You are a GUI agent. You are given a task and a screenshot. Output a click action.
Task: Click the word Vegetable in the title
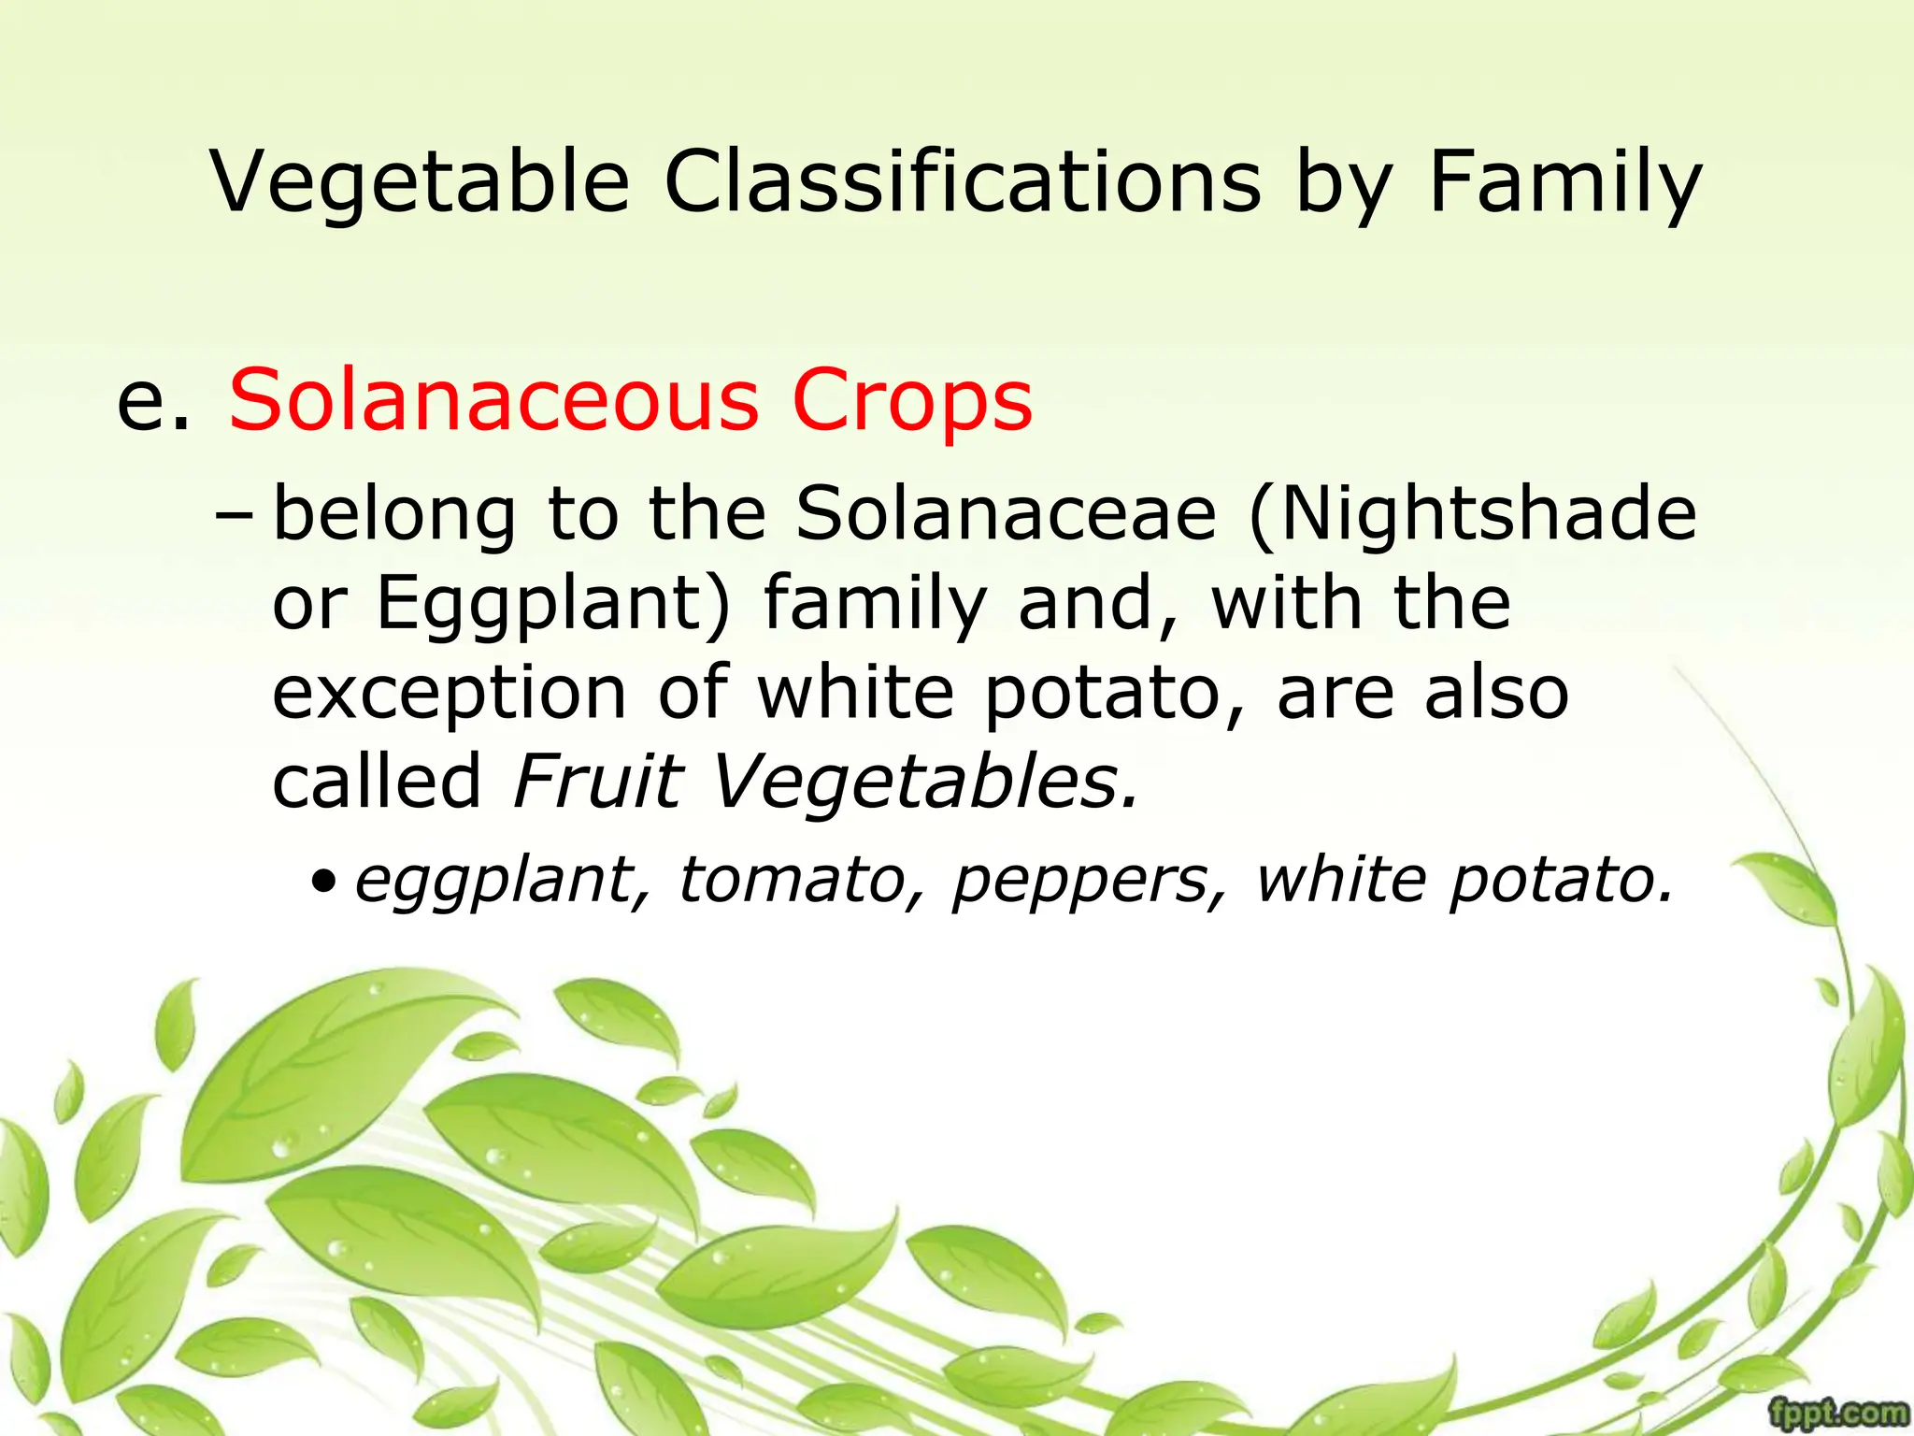pos(420,181)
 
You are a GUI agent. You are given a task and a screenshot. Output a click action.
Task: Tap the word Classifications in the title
pos(962,181)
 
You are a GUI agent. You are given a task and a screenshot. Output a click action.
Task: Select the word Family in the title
pos(1565,181)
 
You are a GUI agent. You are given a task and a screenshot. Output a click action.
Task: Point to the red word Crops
pos(911,400)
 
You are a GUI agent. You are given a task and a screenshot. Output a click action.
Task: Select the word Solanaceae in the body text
pos(1006,513)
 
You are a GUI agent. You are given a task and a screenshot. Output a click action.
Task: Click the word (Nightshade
pos(1472,513)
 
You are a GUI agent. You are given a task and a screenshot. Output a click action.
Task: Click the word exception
pos(449,694)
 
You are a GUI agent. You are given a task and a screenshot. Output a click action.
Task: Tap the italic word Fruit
pos(598,782)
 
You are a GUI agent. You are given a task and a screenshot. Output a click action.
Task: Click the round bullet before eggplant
pos(322,882)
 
